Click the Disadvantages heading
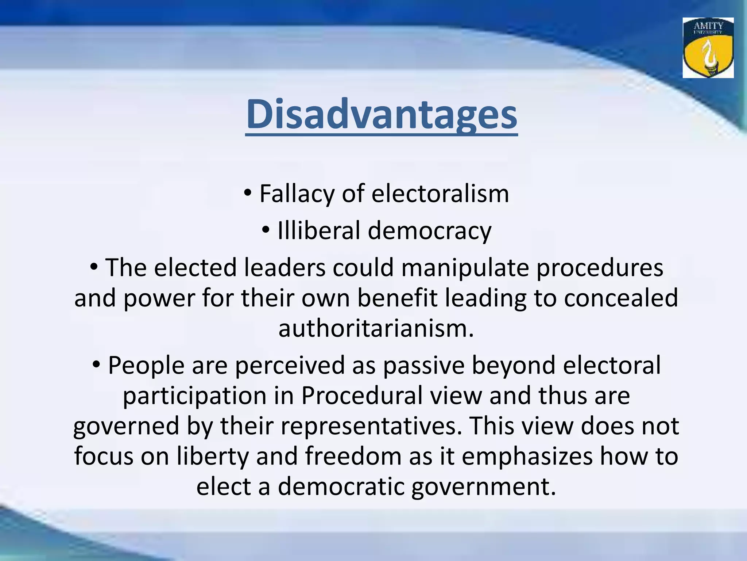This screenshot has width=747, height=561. coord(382,114)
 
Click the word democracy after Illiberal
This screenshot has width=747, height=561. coord(430,231)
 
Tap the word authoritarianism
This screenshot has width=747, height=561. coord(376,328)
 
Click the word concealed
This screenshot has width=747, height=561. coord(621,298)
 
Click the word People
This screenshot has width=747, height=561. coord(146,365)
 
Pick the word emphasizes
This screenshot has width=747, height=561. coord(527,457)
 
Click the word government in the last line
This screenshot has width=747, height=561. coord(484,487)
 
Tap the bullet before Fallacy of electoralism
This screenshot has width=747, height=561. coord(248,192)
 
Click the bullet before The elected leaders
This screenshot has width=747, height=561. coord(94,267)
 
